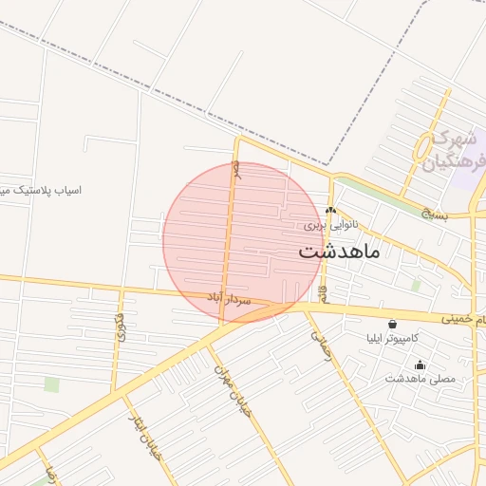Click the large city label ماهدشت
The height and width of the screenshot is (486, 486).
click(339, 252)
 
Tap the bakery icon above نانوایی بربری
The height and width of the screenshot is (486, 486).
click(330, 211)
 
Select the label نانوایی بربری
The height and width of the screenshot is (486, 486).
click(330, 225)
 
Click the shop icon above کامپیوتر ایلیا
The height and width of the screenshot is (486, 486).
click(393, 324)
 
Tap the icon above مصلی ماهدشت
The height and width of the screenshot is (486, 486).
click(421, 364)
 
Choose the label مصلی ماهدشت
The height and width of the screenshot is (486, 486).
click(421, 379)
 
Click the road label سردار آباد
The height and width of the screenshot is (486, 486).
click(229, 298)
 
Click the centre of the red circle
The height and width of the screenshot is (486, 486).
click(243, 241)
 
